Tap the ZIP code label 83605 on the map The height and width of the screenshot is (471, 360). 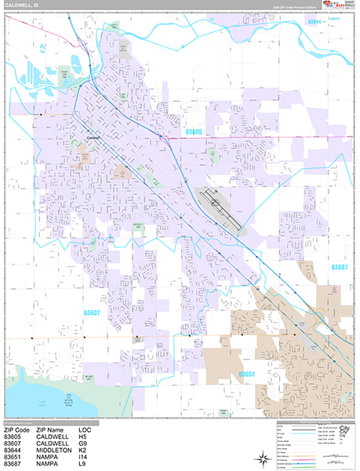[193, 132]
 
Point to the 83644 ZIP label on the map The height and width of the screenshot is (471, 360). [313, 22]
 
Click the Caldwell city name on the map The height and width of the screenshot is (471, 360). [96, 142]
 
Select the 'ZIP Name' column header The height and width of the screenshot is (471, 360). [53, 430]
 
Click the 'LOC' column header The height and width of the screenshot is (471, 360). [85, 430]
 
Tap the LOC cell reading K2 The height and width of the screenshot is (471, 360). [83, 449]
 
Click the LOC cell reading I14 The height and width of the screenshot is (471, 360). [84, 455]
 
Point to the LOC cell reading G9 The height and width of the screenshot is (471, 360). [84, 443]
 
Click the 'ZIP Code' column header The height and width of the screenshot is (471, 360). [18, 430]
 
